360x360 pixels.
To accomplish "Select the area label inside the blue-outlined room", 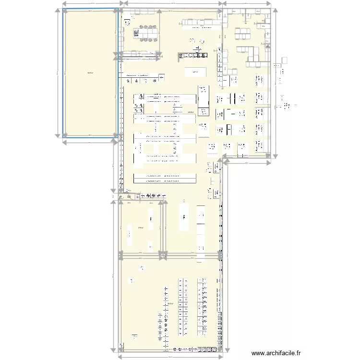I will click(x=90, y=73).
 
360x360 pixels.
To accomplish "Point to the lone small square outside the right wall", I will click(x=285, y=60).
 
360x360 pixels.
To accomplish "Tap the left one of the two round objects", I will click(x=192, y=40).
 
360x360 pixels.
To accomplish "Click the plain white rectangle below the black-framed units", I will click(x=195, y=72).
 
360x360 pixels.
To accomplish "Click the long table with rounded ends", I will click(x=184, y=217).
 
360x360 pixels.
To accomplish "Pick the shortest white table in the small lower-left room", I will click(x=150, y=248).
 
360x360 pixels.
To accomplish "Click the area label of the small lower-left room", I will click(x=140, y=227).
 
